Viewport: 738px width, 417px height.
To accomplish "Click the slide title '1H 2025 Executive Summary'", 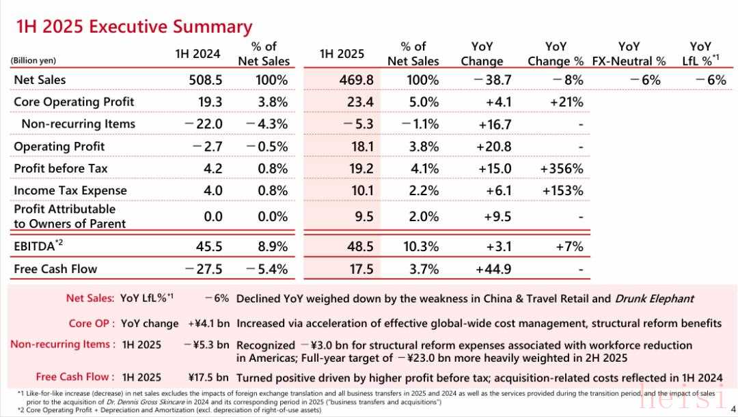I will coord(134,27).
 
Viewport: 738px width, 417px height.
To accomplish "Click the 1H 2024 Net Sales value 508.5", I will coord(206,80).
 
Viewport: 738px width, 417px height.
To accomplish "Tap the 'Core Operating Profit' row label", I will coord(74,102).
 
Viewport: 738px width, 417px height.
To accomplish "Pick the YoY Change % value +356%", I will coord(563,168).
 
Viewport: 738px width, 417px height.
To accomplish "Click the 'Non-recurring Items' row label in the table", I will coord(78,124).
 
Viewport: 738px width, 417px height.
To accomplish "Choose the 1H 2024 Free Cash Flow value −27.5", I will coord(204,269).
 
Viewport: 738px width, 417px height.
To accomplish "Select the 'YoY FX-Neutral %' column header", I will coord(629,53).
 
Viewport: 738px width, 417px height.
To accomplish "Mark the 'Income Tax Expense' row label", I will coord(70,190).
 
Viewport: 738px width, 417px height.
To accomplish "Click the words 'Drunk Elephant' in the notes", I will coord(655,298).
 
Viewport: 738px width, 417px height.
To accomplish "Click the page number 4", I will coord(733,409).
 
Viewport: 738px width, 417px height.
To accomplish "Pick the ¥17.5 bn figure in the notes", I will coord(208,377).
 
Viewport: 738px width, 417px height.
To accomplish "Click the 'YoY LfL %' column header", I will coord(700,53).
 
